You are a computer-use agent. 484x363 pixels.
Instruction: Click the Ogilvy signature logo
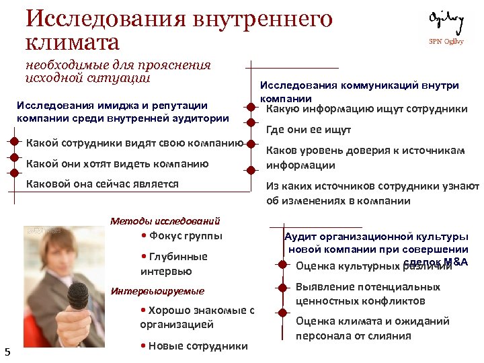(446, 24)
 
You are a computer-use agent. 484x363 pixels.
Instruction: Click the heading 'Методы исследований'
(165, 220)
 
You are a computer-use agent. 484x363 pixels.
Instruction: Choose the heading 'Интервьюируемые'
(157, 291)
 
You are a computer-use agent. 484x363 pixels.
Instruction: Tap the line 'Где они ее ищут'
(309, 130)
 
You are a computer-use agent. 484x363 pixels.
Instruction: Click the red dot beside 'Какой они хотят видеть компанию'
(14, 158)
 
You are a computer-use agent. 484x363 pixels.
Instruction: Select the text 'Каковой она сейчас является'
(102, 184)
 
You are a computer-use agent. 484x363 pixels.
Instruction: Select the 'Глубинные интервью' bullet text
(174, 264)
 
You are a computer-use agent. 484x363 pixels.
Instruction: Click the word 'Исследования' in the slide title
(100, 18)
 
